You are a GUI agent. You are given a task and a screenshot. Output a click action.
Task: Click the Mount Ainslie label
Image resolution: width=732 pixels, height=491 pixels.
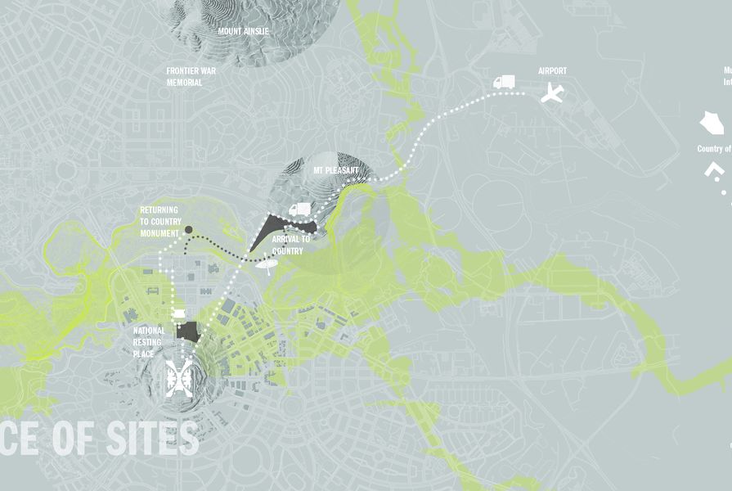(x=243, y=31)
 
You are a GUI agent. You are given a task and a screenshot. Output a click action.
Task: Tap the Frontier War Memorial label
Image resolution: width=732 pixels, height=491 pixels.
(x=191, y=77)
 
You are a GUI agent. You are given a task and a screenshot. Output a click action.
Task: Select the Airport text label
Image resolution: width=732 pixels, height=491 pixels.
(x=552, y=71)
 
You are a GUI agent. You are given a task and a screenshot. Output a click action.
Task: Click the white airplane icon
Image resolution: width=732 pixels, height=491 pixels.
(x=554, y=93)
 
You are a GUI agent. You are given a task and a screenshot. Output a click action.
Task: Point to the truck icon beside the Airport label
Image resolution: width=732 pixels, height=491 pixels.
(x=504, y=81)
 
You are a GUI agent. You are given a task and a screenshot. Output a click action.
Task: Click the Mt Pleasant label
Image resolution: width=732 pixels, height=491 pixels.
(x=335, y=171)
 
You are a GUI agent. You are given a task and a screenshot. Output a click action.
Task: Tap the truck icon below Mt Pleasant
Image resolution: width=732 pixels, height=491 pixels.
(x=299, y=209)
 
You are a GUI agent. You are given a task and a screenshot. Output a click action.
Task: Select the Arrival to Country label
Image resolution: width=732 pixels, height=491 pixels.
(x=290, y=245)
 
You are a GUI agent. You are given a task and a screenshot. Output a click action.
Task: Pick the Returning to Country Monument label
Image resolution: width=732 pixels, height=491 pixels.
(x=159, y=222)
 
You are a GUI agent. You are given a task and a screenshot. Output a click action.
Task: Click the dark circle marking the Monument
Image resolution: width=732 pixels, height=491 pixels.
(x=188, y=230)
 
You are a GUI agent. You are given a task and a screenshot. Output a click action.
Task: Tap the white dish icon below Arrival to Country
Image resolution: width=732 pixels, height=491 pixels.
(x=266, y=264)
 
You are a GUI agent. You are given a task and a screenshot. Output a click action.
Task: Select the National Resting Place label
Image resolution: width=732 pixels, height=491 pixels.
(x=149, y=342)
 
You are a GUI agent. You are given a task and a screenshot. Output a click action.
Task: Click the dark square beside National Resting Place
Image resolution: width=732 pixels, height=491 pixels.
(x=189, y=331)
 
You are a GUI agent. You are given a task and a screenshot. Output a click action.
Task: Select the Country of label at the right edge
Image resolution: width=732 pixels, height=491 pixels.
(x=714, y=149)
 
